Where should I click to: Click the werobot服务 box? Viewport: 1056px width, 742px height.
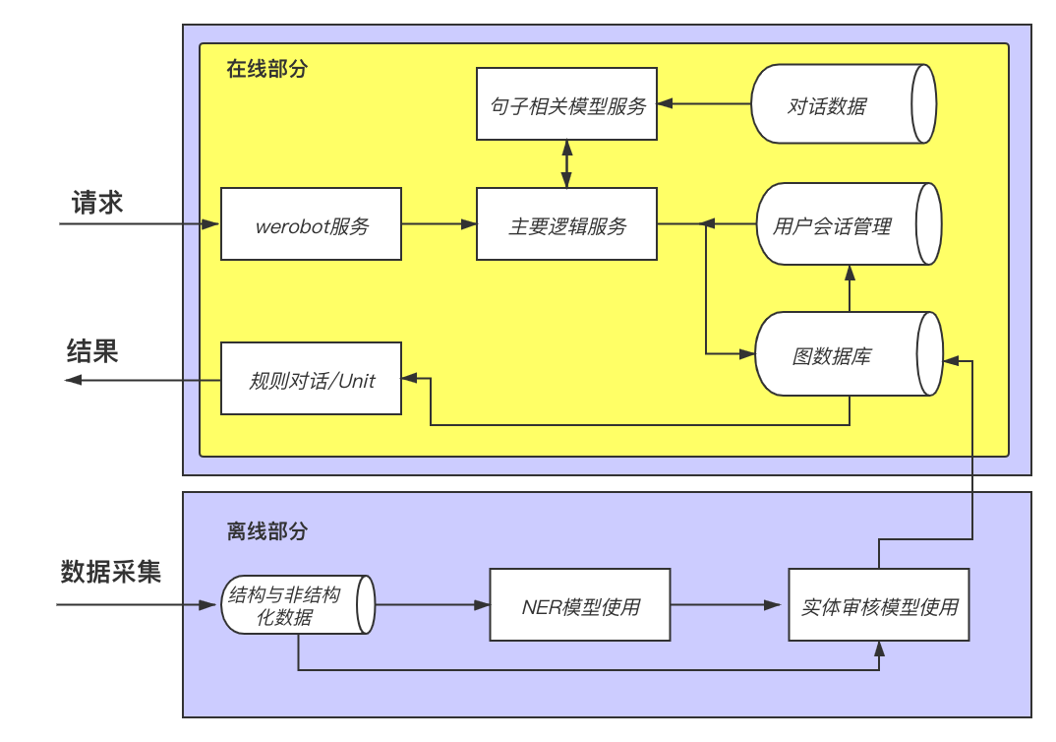tap(311, 223)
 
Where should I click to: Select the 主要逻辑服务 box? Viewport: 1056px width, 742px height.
tap(566, 223)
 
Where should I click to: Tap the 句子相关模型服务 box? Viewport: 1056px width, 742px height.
tap(566, 103)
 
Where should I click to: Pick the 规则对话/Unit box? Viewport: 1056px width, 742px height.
tap(311, 378)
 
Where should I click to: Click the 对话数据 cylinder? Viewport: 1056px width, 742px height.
tap(844, 103)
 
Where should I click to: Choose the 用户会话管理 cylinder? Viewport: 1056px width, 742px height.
tap(849, 223)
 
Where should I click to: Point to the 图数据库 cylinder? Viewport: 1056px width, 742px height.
tap(849, 353)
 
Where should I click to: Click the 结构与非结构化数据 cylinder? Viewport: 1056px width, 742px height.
tap(298, 604)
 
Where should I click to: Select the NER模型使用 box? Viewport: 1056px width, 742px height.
tap(580, 604)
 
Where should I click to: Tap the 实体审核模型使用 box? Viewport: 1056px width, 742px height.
tap(879, 604)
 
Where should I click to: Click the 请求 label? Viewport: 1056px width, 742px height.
tap(97, 202)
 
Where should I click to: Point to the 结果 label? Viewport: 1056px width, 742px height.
tap(92, 351)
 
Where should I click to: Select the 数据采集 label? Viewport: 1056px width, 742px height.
tap(110, 572)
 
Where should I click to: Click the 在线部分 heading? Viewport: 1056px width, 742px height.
tap(266, 69)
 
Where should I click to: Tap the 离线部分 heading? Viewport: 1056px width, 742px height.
tap(266, 531)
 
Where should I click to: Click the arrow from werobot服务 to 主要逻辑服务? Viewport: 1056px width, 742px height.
tap(440, 223)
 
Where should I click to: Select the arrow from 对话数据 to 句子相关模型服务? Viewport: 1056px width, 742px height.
tap(704, 103)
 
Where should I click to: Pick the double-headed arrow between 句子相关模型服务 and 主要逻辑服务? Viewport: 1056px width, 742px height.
tap(566, 163)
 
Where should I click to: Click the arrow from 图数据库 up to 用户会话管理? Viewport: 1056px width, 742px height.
tap(850, 288)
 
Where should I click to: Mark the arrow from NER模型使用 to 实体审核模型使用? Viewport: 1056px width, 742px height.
tap(726, 604)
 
